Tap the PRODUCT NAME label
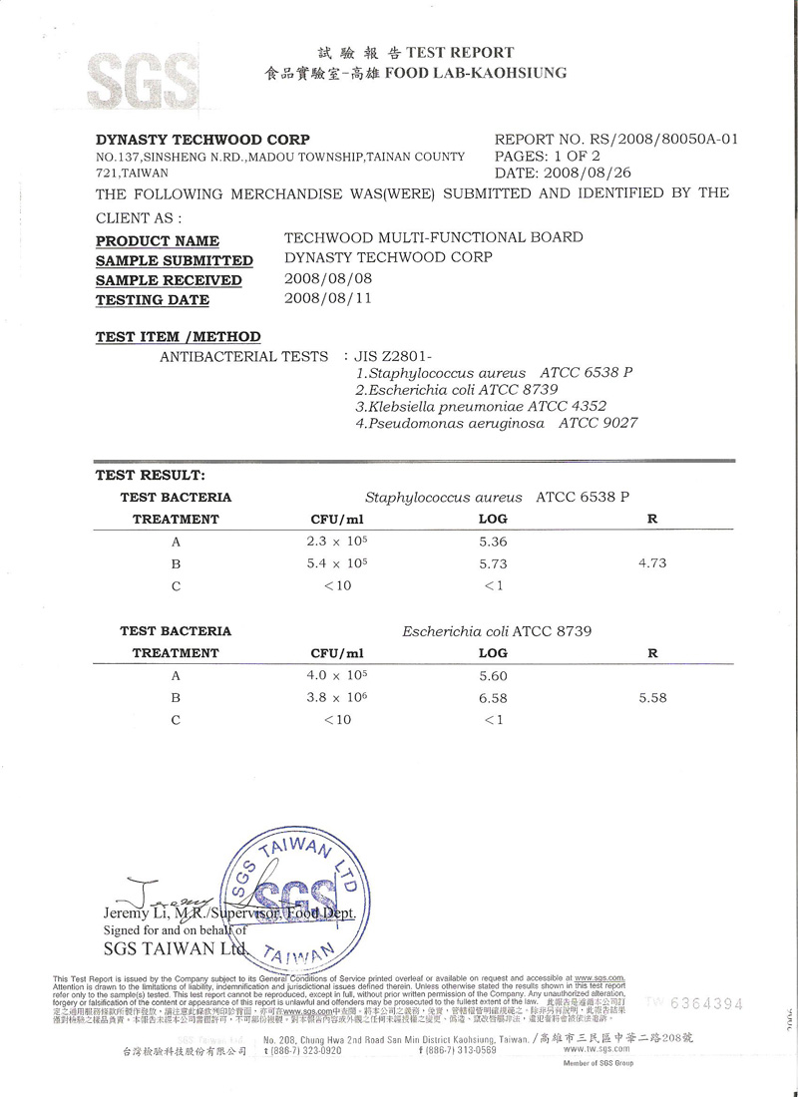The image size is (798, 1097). [x=158, y=240]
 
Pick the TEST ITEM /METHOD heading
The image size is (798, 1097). [x=178, y=337]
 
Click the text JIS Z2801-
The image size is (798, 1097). [x=397, y=356]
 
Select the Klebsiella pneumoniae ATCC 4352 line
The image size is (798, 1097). [x=481, y=406]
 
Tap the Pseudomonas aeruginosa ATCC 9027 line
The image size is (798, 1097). [x=497, y=423]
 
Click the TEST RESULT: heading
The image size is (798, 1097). [x=150, y=476]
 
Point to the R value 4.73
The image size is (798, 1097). [x=651, y=563]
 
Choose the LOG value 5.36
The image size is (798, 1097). [x=493, y=542]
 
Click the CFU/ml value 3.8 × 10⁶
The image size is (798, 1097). [x=337, y=697]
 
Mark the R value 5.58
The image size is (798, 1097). [x=651, y=697]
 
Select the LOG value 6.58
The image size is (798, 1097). [x=493, y=697]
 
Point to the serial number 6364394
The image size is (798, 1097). [x=705, y=1002]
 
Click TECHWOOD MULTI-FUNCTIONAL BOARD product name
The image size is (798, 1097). [x=434, y=237]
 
